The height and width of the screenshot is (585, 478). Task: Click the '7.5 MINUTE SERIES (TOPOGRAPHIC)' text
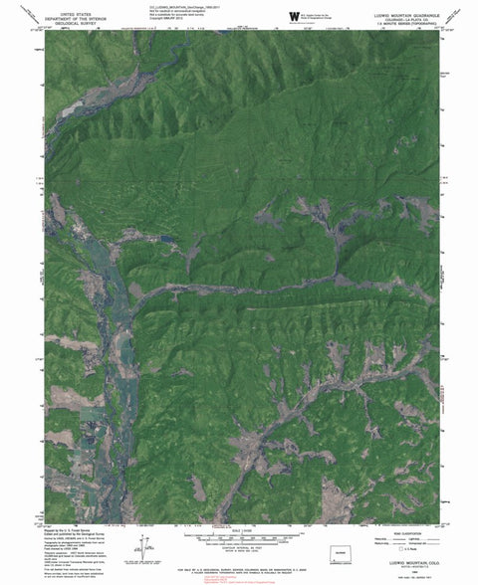pos(399,22)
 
